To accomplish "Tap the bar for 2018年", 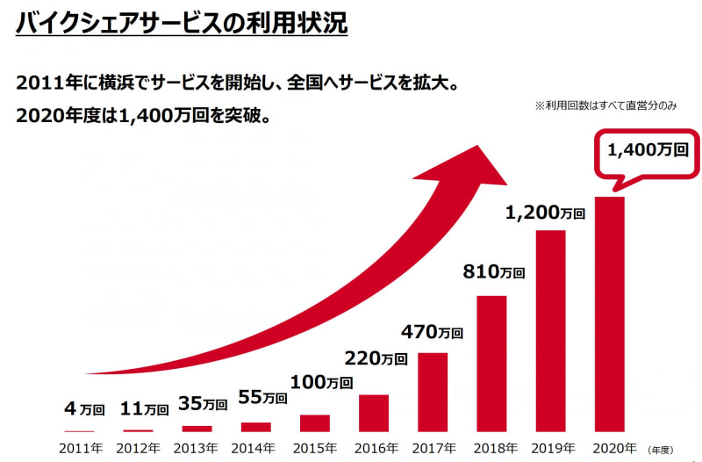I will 491,364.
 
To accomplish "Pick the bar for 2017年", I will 433,392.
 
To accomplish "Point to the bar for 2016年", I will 374,413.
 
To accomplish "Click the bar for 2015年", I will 314,423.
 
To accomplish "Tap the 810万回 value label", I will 493,272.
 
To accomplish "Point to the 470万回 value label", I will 432,332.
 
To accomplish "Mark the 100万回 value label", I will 320,382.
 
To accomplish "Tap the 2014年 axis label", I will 255,448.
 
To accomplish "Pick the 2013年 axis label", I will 197,448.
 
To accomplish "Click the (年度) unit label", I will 663,449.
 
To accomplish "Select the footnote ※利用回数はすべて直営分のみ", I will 606,105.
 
